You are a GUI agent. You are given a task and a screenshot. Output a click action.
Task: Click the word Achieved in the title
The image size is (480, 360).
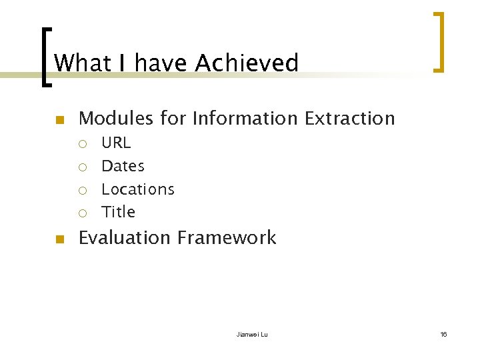pyautogui.click(x=247, y=63)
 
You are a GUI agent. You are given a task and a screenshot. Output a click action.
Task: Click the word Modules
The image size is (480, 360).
pyautogui.click(x=116, y=119)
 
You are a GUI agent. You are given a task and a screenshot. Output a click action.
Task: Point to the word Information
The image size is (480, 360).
pyautogui.click(x=245, y=119)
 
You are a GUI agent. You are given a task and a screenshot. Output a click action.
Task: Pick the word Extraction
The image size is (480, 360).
pyautogui.click(x=349, y=119)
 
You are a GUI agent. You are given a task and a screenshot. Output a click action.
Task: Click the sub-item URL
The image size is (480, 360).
pyautogui.click(x=116, y=143)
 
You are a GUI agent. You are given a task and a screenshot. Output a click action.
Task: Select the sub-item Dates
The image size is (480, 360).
pyautogui.click(x=123, y=166)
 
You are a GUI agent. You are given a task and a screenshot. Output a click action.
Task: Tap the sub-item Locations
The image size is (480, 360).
pyautogui.click(x=137, y=189)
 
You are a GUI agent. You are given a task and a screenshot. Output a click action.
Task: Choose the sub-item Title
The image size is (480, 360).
pyautogui.click(x=118, y=212)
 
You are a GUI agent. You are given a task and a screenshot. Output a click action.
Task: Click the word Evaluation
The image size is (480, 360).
pyautogui.click(x=125, y=238)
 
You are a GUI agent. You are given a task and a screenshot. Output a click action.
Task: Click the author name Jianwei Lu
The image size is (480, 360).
pyautogui.click(x=252, y=334)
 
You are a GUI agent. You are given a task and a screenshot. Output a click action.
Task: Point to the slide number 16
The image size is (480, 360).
pyautogui.click(x=443, y=334)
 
